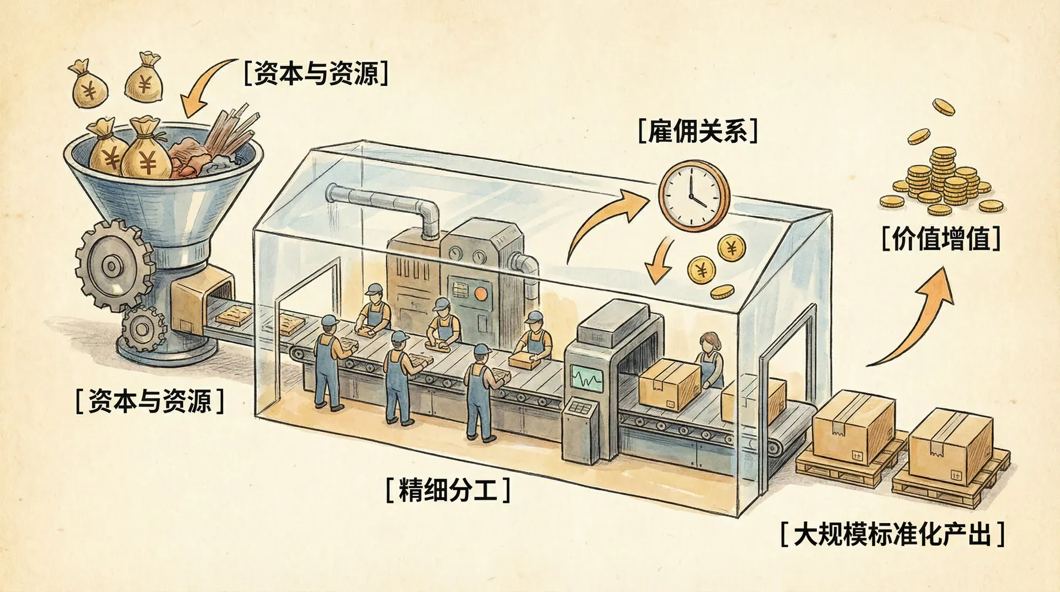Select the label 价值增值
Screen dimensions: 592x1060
(x=941, y=240)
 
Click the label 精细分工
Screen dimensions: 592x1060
(x=447, y=490)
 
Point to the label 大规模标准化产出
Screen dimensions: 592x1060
(x=892, y=534)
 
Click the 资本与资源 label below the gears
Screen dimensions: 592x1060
(x=150, y=400)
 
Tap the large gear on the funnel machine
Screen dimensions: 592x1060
(x=113, y=266)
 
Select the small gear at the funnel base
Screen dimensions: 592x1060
(x=142, y=329)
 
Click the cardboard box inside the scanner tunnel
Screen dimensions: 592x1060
(x=668, y=384)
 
